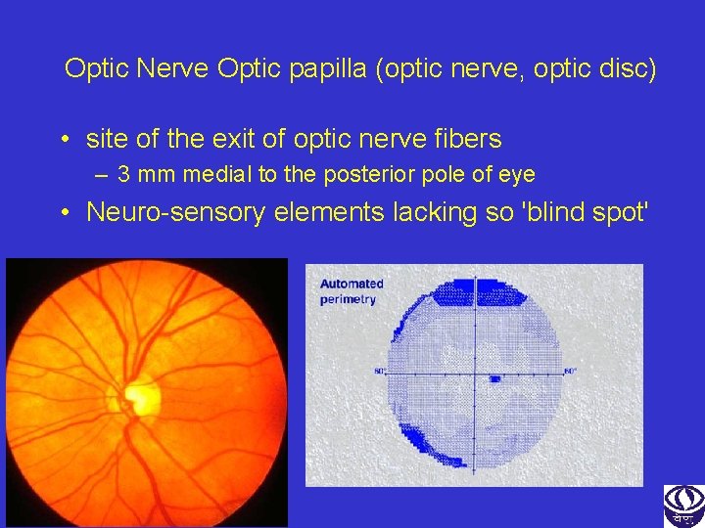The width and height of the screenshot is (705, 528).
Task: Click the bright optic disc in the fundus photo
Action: click(145, 396)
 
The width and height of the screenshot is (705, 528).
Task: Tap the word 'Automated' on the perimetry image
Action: click(352, 284)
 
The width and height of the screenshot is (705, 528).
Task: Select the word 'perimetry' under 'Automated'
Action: click(348, 299)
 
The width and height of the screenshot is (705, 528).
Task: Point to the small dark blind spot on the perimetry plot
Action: click(494, 378)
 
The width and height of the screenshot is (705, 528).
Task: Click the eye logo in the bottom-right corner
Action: click(683, 506)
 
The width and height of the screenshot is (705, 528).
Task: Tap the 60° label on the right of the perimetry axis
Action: click(570, 371)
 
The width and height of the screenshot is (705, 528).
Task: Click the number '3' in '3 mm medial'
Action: click(124, 175)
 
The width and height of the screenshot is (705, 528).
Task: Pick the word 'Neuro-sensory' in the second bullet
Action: click(175, 212)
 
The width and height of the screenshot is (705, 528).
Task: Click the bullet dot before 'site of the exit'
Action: click(63, 140)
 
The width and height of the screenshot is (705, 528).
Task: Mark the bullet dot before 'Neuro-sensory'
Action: click(63, 212)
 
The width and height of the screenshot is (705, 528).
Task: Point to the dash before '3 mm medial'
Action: click(101, 175)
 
